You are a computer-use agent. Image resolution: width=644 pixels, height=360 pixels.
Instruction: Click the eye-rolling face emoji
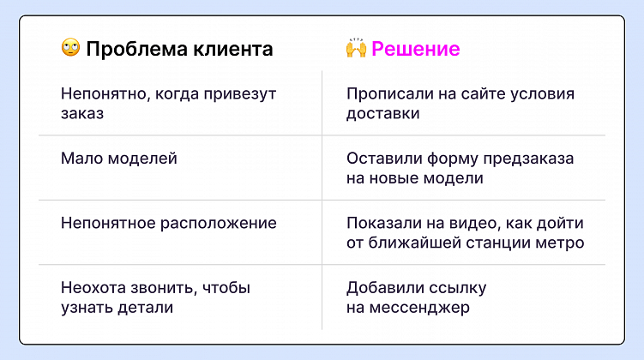[70, 48]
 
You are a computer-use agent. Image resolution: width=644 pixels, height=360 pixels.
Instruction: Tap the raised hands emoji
[356, 48]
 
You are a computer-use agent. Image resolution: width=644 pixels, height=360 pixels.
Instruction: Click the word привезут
[241, 93]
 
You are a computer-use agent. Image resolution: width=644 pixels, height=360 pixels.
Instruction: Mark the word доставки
[382, 113]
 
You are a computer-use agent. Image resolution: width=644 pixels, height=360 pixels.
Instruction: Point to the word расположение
[217, 223]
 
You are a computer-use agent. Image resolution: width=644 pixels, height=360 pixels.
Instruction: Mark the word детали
[144, 307]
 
